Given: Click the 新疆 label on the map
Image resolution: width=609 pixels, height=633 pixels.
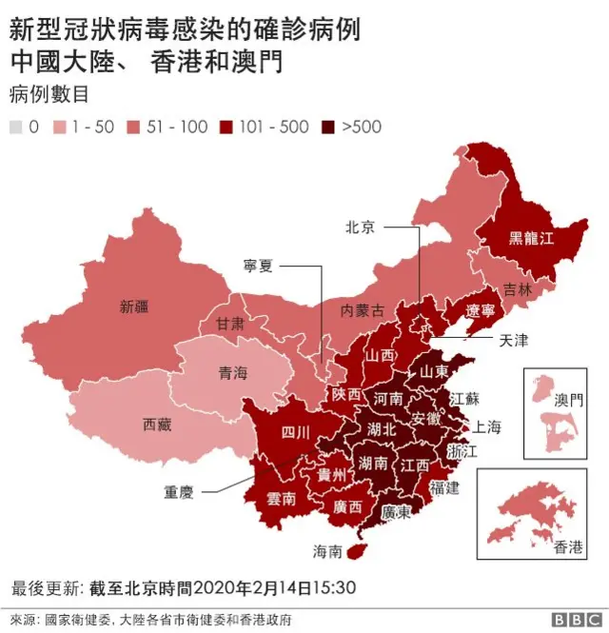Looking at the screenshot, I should click(x=134, y=307).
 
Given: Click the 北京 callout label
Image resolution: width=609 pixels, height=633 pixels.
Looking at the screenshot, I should click(x=360, y=227).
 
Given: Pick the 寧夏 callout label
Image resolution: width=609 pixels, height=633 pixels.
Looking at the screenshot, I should click(x=258, y=267).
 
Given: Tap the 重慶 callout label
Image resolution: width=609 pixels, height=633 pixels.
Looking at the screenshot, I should click(x=179, y=492).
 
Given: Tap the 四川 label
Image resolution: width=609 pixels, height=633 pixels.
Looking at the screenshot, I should click(x=295, y=433).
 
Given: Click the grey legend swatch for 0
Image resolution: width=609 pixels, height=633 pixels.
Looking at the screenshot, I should click(x=16, y=127).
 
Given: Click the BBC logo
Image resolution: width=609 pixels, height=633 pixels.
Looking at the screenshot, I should click(x=571, y=618).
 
